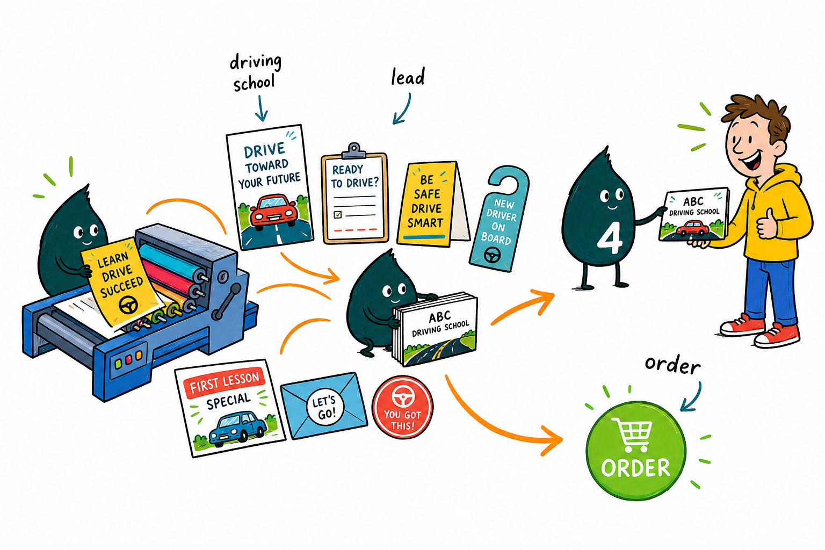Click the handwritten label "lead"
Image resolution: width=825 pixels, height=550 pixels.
coord(408,77)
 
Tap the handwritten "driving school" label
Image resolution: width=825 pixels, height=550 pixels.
coord(255,73)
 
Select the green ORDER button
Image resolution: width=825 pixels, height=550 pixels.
coord(636,450)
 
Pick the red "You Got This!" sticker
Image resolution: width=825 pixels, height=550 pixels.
coord(402,407)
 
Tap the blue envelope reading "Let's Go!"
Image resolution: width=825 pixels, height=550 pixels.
coord(324,405)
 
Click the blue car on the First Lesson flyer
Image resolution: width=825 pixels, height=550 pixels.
coord(237,428)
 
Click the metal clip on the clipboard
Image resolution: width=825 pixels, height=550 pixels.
coord(354,151)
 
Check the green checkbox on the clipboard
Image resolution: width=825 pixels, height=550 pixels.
coord(337,214)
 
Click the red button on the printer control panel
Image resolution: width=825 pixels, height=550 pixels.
coord(128,360)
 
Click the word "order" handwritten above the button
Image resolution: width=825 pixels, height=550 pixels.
coord(672,366)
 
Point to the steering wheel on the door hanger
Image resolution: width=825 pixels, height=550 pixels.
coord(492,255)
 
